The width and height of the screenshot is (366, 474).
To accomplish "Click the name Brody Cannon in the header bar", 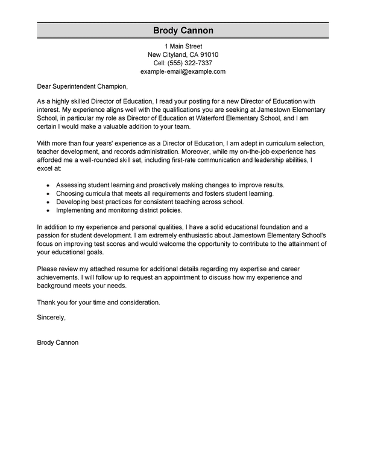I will (182, 31).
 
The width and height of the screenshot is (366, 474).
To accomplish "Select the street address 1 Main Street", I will (183, 46).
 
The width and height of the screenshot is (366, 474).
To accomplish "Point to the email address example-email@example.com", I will (183, 71).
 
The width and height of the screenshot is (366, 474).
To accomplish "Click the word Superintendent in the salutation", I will (74, 87).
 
